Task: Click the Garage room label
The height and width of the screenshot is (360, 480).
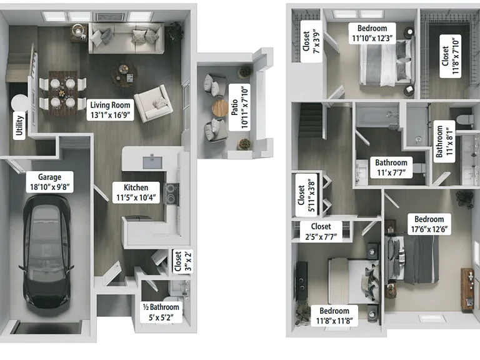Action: [x=49, y=182]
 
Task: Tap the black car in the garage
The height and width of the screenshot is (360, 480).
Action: [x=46, y=251]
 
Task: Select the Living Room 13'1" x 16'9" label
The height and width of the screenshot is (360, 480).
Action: [x=110, y=110]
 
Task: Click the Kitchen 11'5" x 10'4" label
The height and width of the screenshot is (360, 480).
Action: [x=136, y=192]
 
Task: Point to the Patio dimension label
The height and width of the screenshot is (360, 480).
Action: [x=240, y=107]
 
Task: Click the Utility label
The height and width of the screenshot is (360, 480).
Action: [x=19, y=125]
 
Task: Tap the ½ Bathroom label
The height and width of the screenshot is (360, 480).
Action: [x=161, y=312]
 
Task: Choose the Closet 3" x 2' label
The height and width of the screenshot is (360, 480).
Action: [x=182, y=261]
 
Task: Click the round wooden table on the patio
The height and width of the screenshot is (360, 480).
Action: [x=220, y=108]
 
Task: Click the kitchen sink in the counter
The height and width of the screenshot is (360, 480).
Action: [x=152, y=162]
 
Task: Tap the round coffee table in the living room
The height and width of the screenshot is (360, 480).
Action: [x=124, y=74]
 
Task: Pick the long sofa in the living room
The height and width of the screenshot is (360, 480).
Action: [x=126, y=38]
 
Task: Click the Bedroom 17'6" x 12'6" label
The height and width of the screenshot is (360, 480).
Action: [x=429, y=224]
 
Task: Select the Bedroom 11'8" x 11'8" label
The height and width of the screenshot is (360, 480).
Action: [x=334, y=316]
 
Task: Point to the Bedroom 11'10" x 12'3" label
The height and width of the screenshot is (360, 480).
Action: [x=372, y=33]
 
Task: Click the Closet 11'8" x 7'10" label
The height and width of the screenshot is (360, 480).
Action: [x=450, y=56]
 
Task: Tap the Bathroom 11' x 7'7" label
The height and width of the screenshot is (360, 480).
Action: [x=391, y=167]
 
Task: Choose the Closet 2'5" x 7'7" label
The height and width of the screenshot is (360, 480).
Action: [x=321, y=231]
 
